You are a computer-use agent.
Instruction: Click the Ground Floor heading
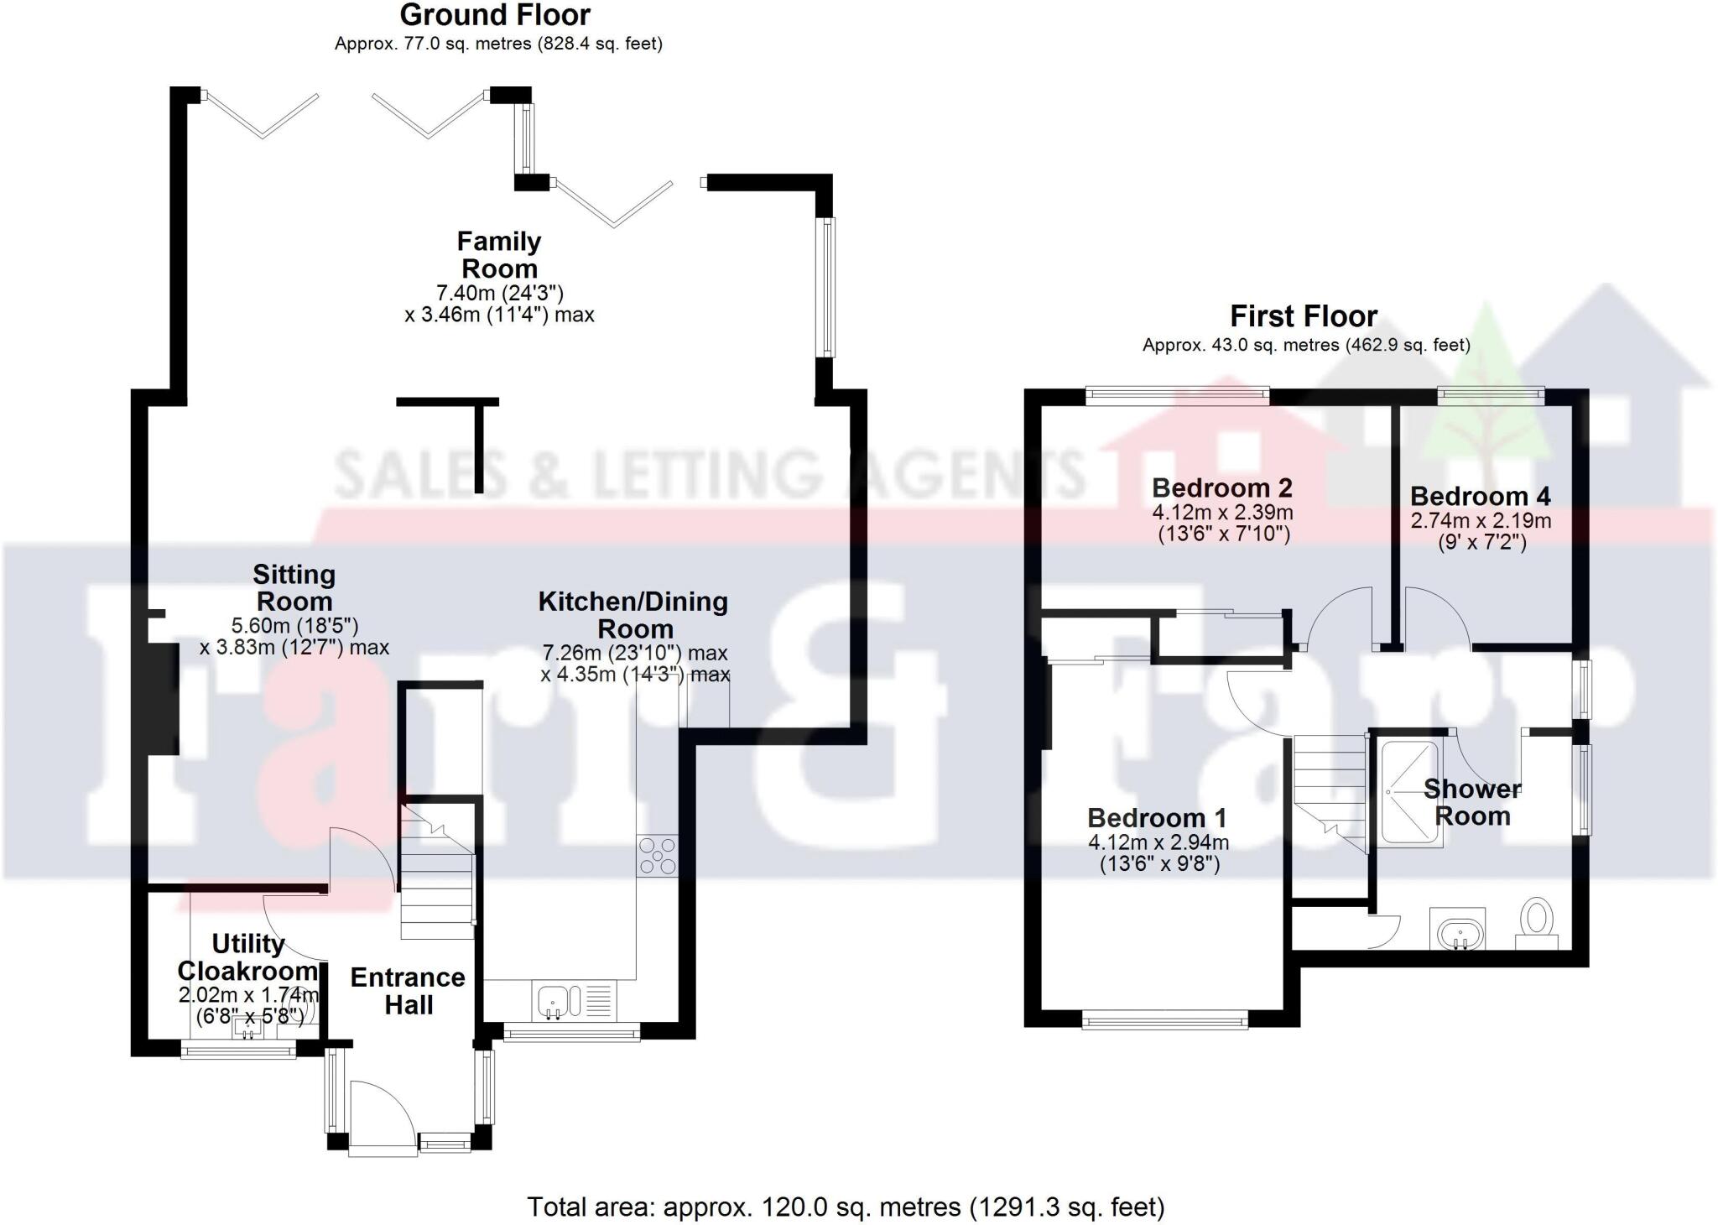[x=495, y=15]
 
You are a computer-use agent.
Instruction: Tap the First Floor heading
[x=1303, y=316]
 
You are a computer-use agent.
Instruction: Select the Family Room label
[x=499, y=255]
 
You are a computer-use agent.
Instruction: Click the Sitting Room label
[x=294, y=587]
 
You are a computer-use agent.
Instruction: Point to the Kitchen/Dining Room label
[x=633, y=615]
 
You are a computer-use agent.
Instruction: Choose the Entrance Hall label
[x=408, y=991]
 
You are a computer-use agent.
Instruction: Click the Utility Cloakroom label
[x=247, y=957]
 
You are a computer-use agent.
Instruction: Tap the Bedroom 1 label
[x=1157, y=817]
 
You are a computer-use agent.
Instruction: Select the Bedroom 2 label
[x=1221, y=487]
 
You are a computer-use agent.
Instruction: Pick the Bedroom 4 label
[x=1481, y=497]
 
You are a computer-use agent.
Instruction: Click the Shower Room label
[x=1472, y=802]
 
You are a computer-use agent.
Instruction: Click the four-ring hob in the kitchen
[x=657, y=856]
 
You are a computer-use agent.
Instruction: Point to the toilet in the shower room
[x=1538, y=920]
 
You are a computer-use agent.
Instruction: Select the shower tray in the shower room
[x=1411, y=791]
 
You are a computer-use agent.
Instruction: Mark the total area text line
[x=846, y=1207]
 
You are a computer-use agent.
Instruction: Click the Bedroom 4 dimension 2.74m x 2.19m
[x=1481, y=520]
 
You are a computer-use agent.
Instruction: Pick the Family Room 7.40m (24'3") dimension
[x=499, y=293]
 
